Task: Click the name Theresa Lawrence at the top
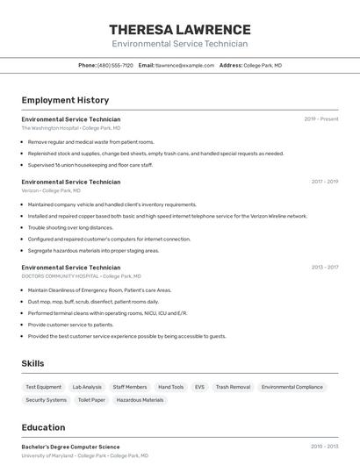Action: click(179, 29)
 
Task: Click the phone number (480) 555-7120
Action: click(115, 65)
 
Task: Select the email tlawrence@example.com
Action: click(184, 65)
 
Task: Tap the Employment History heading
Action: click(65, 100)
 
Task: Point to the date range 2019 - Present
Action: click(320, 119)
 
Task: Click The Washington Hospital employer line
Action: click(71, 128)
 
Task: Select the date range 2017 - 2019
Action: click(324, 182)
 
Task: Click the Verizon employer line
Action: click(51, 190)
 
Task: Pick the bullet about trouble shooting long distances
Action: click(70, 227)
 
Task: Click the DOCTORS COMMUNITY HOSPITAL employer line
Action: click(71, 275)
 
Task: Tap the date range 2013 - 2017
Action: click(324, 267)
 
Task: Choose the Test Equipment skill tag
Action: click(44, 387)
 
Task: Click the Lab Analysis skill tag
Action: click(87, 387)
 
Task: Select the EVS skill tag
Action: click(199, 387)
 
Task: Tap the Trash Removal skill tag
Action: click(233, 387)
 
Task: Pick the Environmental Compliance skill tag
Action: click(292, 387)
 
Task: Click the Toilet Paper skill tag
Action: click(91, 400)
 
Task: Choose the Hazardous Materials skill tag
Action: click(140, 400)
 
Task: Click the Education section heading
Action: click(43, 428)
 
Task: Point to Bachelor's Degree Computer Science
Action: click(70, 447)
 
